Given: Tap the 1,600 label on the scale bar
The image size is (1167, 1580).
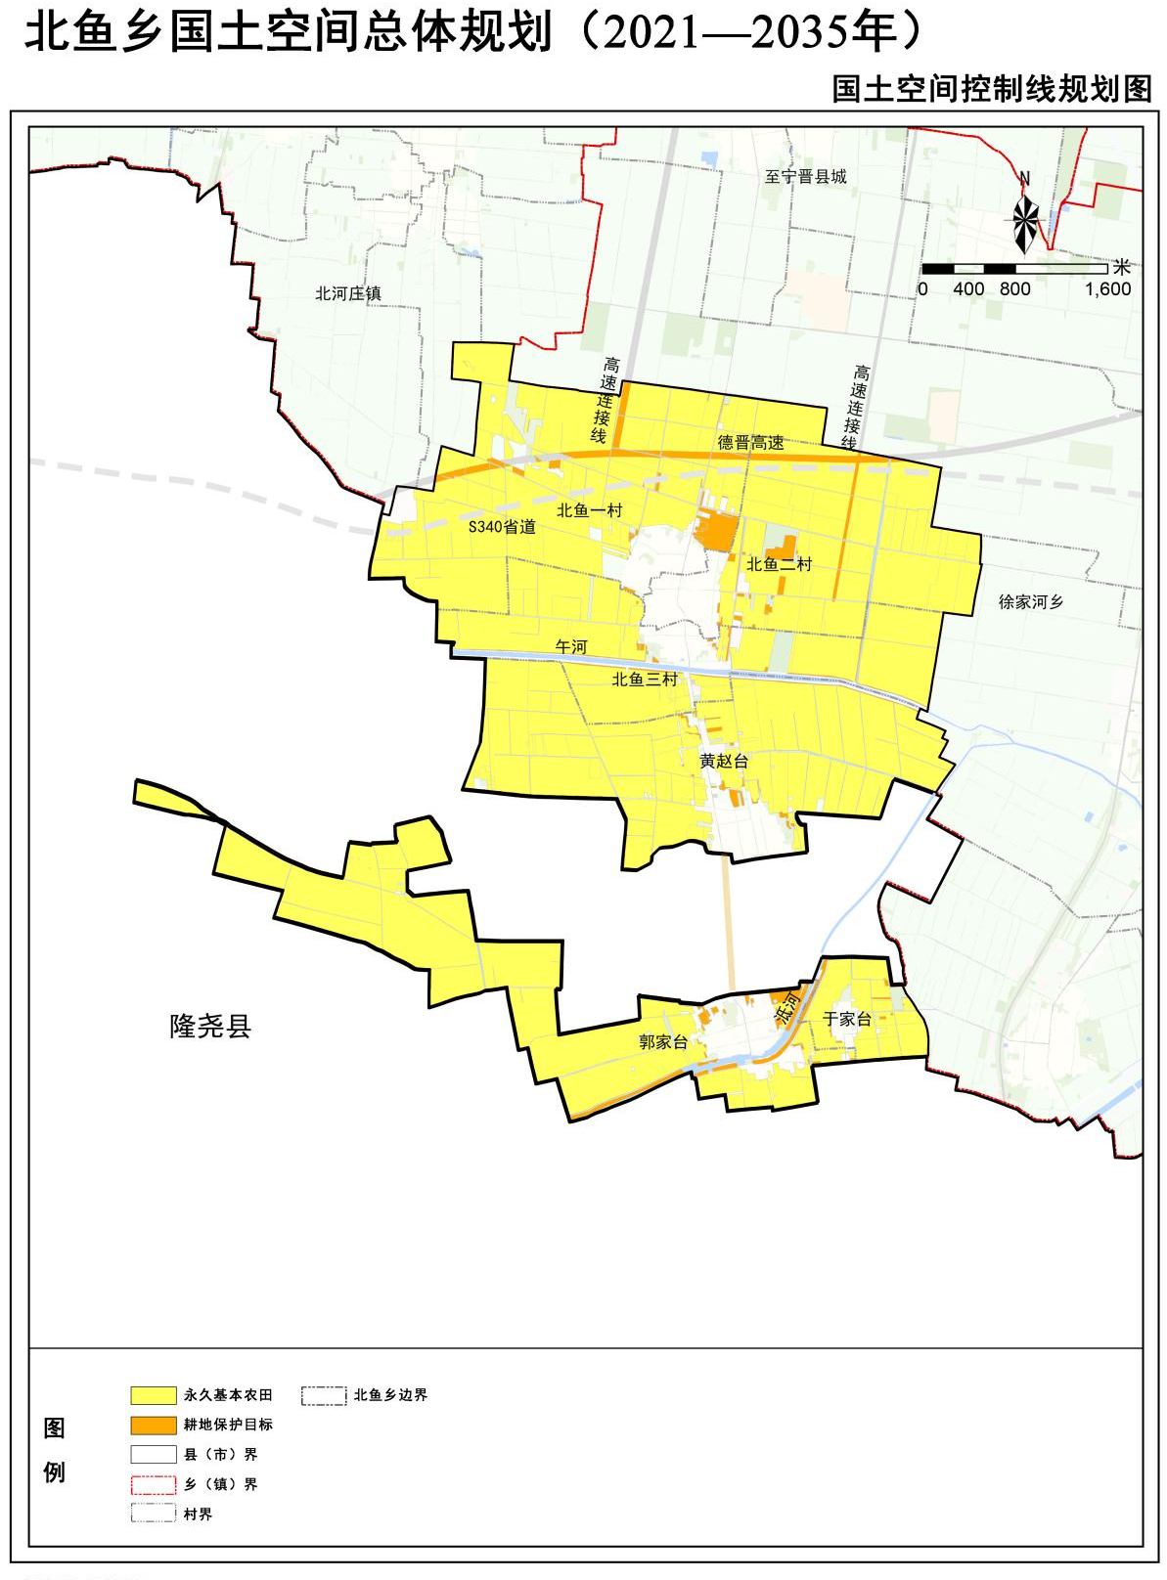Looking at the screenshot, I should [x=1107, y=289].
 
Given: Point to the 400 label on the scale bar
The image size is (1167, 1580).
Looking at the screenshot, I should [x=968, y=289].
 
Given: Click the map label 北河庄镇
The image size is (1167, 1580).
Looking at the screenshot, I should [x=348, y=293].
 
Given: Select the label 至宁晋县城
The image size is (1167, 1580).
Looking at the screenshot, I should [x=805, y=177].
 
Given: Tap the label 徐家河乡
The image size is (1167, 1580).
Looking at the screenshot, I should [x=1031, y=602].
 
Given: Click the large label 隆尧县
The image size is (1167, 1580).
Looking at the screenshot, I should [x=210, y=1027].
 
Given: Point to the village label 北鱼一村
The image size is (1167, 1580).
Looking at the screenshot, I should [x=589, y=510].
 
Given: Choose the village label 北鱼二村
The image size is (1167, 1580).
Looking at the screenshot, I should [x=779, y=564].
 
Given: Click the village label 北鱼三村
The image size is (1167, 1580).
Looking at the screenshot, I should [x=645, y=680].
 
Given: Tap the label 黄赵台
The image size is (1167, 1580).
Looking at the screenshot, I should [x=724, y=761].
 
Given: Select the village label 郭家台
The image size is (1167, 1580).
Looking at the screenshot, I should [x=663, y=1042].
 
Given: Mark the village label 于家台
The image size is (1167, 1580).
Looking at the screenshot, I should [x=847, y=1020].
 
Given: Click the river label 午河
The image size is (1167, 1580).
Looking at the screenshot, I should [x=571, y=647].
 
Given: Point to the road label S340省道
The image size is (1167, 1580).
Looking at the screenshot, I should [x=502, y=527].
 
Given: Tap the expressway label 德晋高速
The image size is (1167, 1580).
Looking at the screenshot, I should [x=751, y=443].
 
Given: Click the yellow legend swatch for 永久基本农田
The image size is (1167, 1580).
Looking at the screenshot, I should [x=154, y=1395].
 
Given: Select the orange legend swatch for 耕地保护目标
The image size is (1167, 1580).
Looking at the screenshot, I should [x=154, y=1425].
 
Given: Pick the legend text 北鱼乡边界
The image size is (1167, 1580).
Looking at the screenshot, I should [x=390, y=1395].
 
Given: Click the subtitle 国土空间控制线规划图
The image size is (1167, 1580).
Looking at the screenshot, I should [x=992, y=89].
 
